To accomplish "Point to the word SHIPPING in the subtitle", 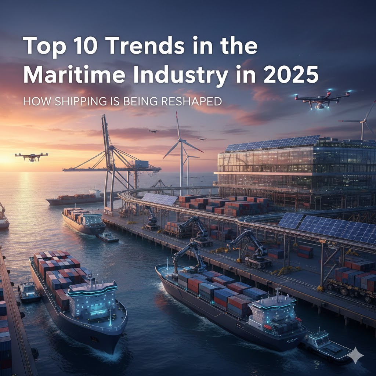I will coord(73,101).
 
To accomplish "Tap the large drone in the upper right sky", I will coord(322,98).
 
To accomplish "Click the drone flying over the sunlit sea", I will coord(31,156).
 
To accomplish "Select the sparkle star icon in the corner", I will coord(356,355).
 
